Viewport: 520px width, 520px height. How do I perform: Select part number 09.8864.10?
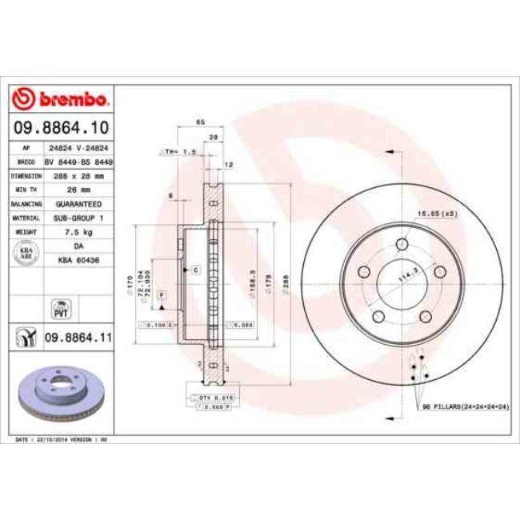[x=59, y=127]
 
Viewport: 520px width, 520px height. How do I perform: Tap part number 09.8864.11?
[x=76, y=338]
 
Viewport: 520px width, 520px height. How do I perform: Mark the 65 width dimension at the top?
[x=200, y=122]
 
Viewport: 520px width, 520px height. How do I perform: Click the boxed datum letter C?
[x=195, y=270]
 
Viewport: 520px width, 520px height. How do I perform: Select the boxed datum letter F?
[x=161, y=295]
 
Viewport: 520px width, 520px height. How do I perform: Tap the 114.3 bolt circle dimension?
[x=407, y=277]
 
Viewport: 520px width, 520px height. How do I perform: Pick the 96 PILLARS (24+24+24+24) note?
[x=464, y=406]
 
